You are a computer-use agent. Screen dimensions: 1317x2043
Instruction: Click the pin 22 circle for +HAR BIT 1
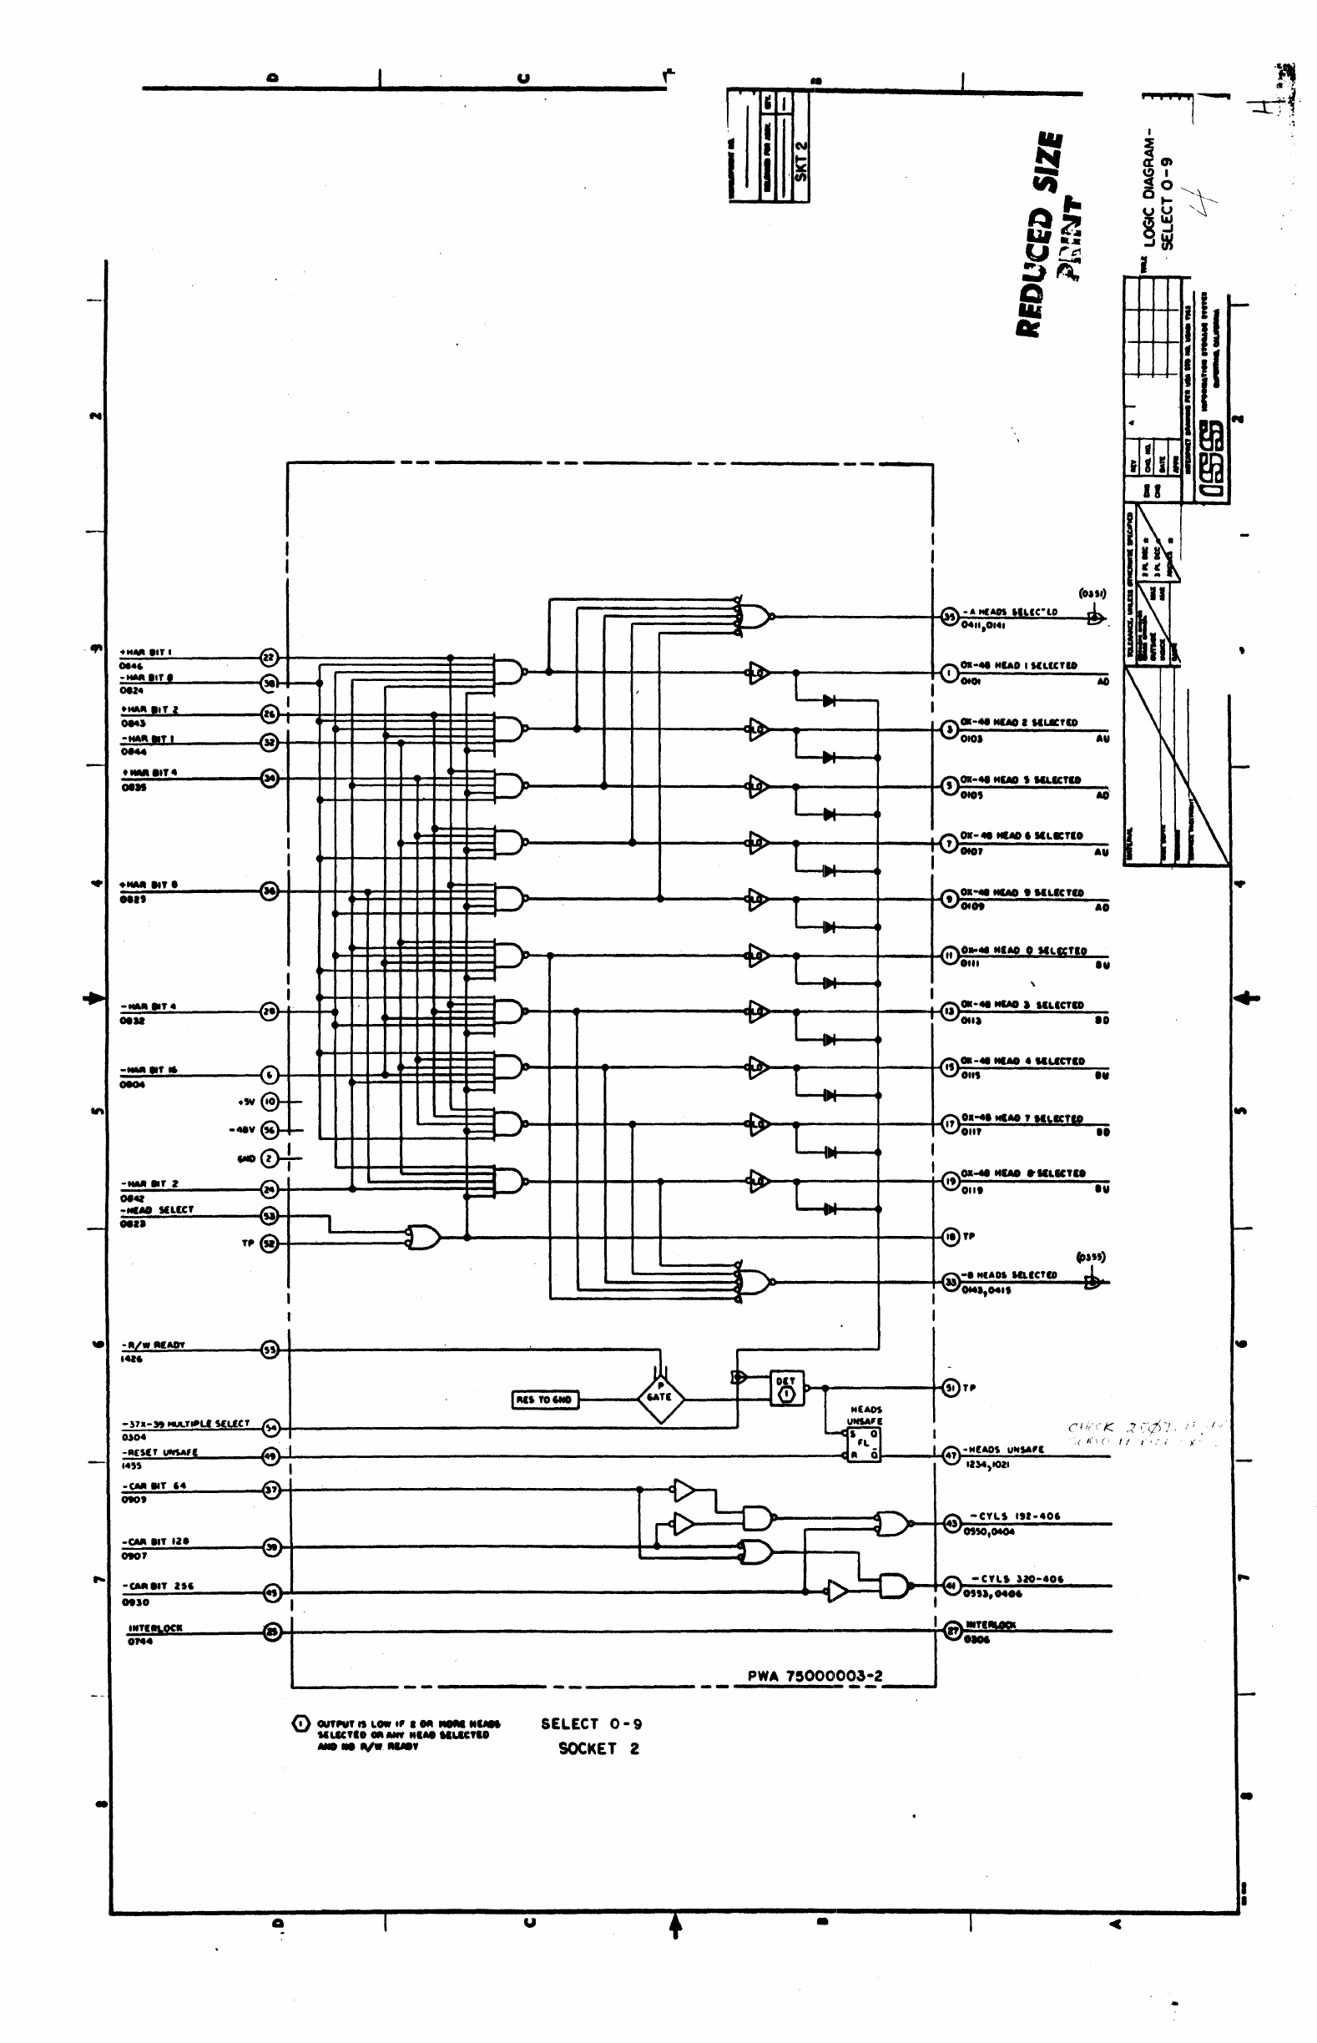point(270,657)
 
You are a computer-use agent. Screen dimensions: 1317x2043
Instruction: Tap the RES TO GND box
point(544,1400)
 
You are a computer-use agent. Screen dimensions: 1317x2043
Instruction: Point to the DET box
point(785,1390)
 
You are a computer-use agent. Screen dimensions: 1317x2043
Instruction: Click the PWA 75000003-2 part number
point(815,1676)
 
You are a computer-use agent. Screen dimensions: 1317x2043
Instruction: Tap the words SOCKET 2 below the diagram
point(598,1749)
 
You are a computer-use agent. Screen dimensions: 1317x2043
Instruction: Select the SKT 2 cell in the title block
point(801,159)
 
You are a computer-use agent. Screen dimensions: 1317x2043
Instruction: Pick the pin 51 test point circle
point(950,1389)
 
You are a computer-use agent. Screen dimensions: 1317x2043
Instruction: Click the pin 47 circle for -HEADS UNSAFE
point(950,1456)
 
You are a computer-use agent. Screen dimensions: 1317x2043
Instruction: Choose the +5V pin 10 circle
point(270,1102)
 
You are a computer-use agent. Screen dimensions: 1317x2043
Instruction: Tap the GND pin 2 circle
point(270,1158)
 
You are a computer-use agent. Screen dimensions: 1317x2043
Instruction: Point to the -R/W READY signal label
point(153,1345)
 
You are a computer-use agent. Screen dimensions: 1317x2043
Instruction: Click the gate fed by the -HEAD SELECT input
point(423,1237)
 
